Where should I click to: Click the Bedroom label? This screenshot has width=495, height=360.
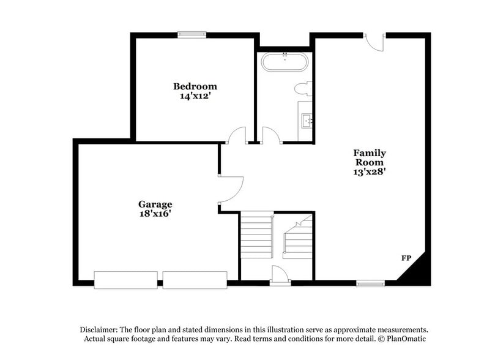[195, 86]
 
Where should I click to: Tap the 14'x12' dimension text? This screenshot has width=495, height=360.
[195, 96]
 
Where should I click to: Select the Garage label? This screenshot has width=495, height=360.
[155, 204]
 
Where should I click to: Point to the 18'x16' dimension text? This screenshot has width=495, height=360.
[155, 214]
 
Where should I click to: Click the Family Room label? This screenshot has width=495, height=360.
[370, 157]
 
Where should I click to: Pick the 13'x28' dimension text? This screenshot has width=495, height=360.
[370, 172]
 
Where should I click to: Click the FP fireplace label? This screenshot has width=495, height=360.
[406, 258]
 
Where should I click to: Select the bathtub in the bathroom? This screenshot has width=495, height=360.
[286, 62]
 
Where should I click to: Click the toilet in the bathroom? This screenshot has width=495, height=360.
[303, 89]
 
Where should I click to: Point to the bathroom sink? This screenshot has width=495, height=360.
[307, 121]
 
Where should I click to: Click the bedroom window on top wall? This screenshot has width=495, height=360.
[191, 34]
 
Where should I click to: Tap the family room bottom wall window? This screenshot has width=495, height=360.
[370, 283]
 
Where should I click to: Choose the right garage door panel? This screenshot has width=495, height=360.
[195, 280]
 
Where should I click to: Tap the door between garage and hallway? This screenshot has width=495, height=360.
[231, 189]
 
